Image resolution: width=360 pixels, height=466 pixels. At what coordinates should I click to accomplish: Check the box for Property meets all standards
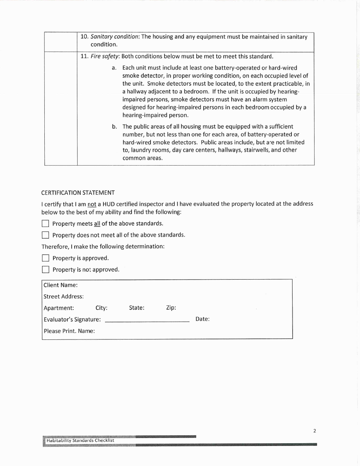pyautogui.click(x=45, y=224)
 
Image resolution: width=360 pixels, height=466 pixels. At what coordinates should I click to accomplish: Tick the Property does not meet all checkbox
pyautogui.click(x=45, y=235)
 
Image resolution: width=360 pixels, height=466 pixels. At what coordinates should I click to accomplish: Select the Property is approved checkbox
pyautogui.click(x=45, y=258)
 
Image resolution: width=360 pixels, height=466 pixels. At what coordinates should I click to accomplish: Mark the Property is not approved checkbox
pyautogui.click(x=45, y=270)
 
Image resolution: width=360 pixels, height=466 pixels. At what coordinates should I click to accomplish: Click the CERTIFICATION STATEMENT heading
pyautogui.click(x=78, y=193)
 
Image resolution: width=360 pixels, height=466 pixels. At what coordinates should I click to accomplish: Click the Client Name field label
pyautogui.click(x=61, y=285)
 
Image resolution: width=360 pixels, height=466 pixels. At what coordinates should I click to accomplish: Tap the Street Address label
pyautogui.click(x=64, y=297)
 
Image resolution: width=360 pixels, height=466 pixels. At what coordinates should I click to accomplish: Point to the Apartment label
pyautogui.click(x=59, y=308)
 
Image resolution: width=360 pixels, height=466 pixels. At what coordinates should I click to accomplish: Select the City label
pyautogui.click(x=101, y=308)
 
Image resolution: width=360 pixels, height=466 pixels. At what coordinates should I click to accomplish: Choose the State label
pyautogui.click(x=136, y=308)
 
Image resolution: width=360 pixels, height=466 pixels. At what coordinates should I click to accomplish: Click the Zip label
pyautogui.click(x=171, y=308)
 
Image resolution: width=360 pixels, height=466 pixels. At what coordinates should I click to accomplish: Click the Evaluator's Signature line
pyautogui.click(x=147, y=320)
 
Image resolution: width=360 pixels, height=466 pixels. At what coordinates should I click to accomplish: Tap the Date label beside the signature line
pyautogui.click(x=202, y=319)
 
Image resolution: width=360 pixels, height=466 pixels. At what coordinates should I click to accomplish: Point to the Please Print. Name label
pyautogui.click(x=69, y=331)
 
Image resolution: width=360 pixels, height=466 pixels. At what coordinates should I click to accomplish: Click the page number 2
pyautogui.click(x=315, y=431)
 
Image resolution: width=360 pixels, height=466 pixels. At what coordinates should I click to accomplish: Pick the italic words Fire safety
pyautogui.click(x=105, y=56)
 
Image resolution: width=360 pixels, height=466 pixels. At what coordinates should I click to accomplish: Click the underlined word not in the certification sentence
pyautogui.click(x=92, y=204)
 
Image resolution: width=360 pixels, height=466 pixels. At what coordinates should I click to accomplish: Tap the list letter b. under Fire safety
pyautogui.click(x=114, y=127)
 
